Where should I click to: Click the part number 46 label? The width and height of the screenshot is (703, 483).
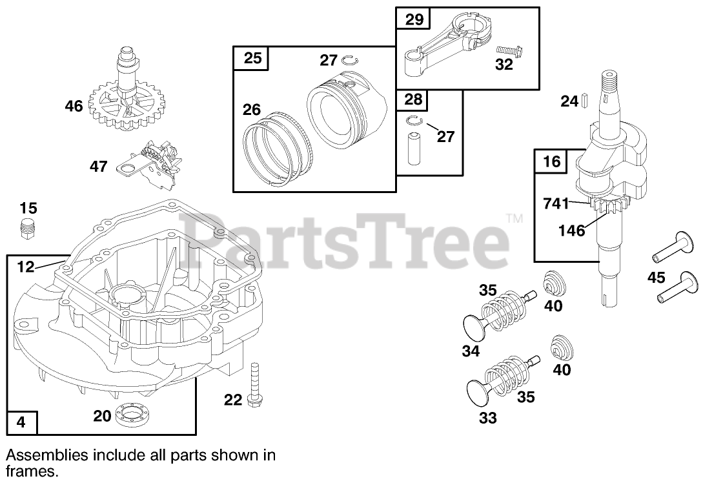[x=74, y=105]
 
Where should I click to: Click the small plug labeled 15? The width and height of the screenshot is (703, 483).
[x=26, y=228]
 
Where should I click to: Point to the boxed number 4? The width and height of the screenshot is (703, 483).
[x=21, y=422]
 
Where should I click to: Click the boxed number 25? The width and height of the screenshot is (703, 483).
[x=252, y=58]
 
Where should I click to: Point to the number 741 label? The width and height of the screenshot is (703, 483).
[x=556, y=204]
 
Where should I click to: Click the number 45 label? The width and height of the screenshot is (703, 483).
[x=657, y=278]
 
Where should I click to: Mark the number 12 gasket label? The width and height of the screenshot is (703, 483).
[x=25, y=265]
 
